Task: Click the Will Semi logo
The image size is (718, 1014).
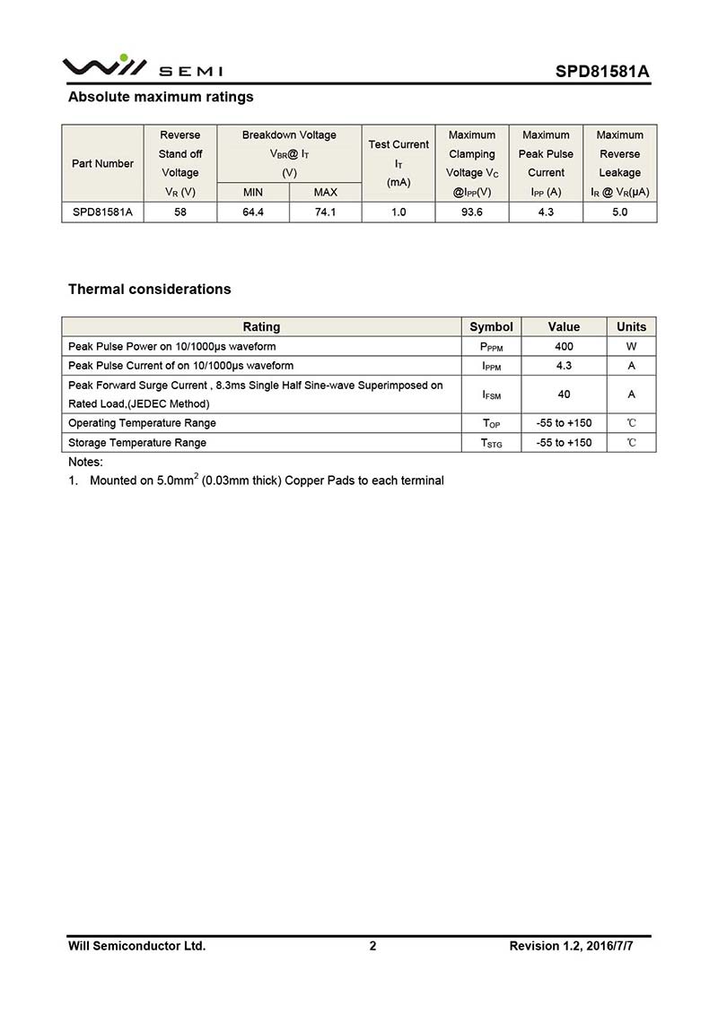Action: [143, 67]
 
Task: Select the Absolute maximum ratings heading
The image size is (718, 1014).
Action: [161, 97]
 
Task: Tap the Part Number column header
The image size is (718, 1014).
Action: [102, 163]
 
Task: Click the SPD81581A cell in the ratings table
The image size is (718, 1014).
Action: [102, 212]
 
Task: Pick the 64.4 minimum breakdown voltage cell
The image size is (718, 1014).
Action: [253, 212]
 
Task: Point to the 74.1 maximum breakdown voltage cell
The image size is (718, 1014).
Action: [325, 212]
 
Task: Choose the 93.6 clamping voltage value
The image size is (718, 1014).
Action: [471, 212]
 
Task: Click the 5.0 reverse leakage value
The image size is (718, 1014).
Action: [619, 212]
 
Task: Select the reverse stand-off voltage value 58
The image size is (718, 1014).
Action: [180, 212]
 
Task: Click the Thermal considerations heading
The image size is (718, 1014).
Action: [149, 289]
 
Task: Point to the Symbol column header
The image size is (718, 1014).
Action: [491, 326]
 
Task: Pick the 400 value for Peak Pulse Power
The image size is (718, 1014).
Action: [564, 346]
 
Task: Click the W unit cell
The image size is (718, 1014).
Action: [631, 346]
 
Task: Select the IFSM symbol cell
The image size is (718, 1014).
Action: [491, 394]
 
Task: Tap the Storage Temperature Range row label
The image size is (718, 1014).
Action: [137, 443]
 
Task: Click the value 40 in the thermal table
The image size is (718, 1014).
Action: [564, 394]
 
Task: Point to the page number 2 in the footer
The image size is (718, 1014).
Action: [372, 946]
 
